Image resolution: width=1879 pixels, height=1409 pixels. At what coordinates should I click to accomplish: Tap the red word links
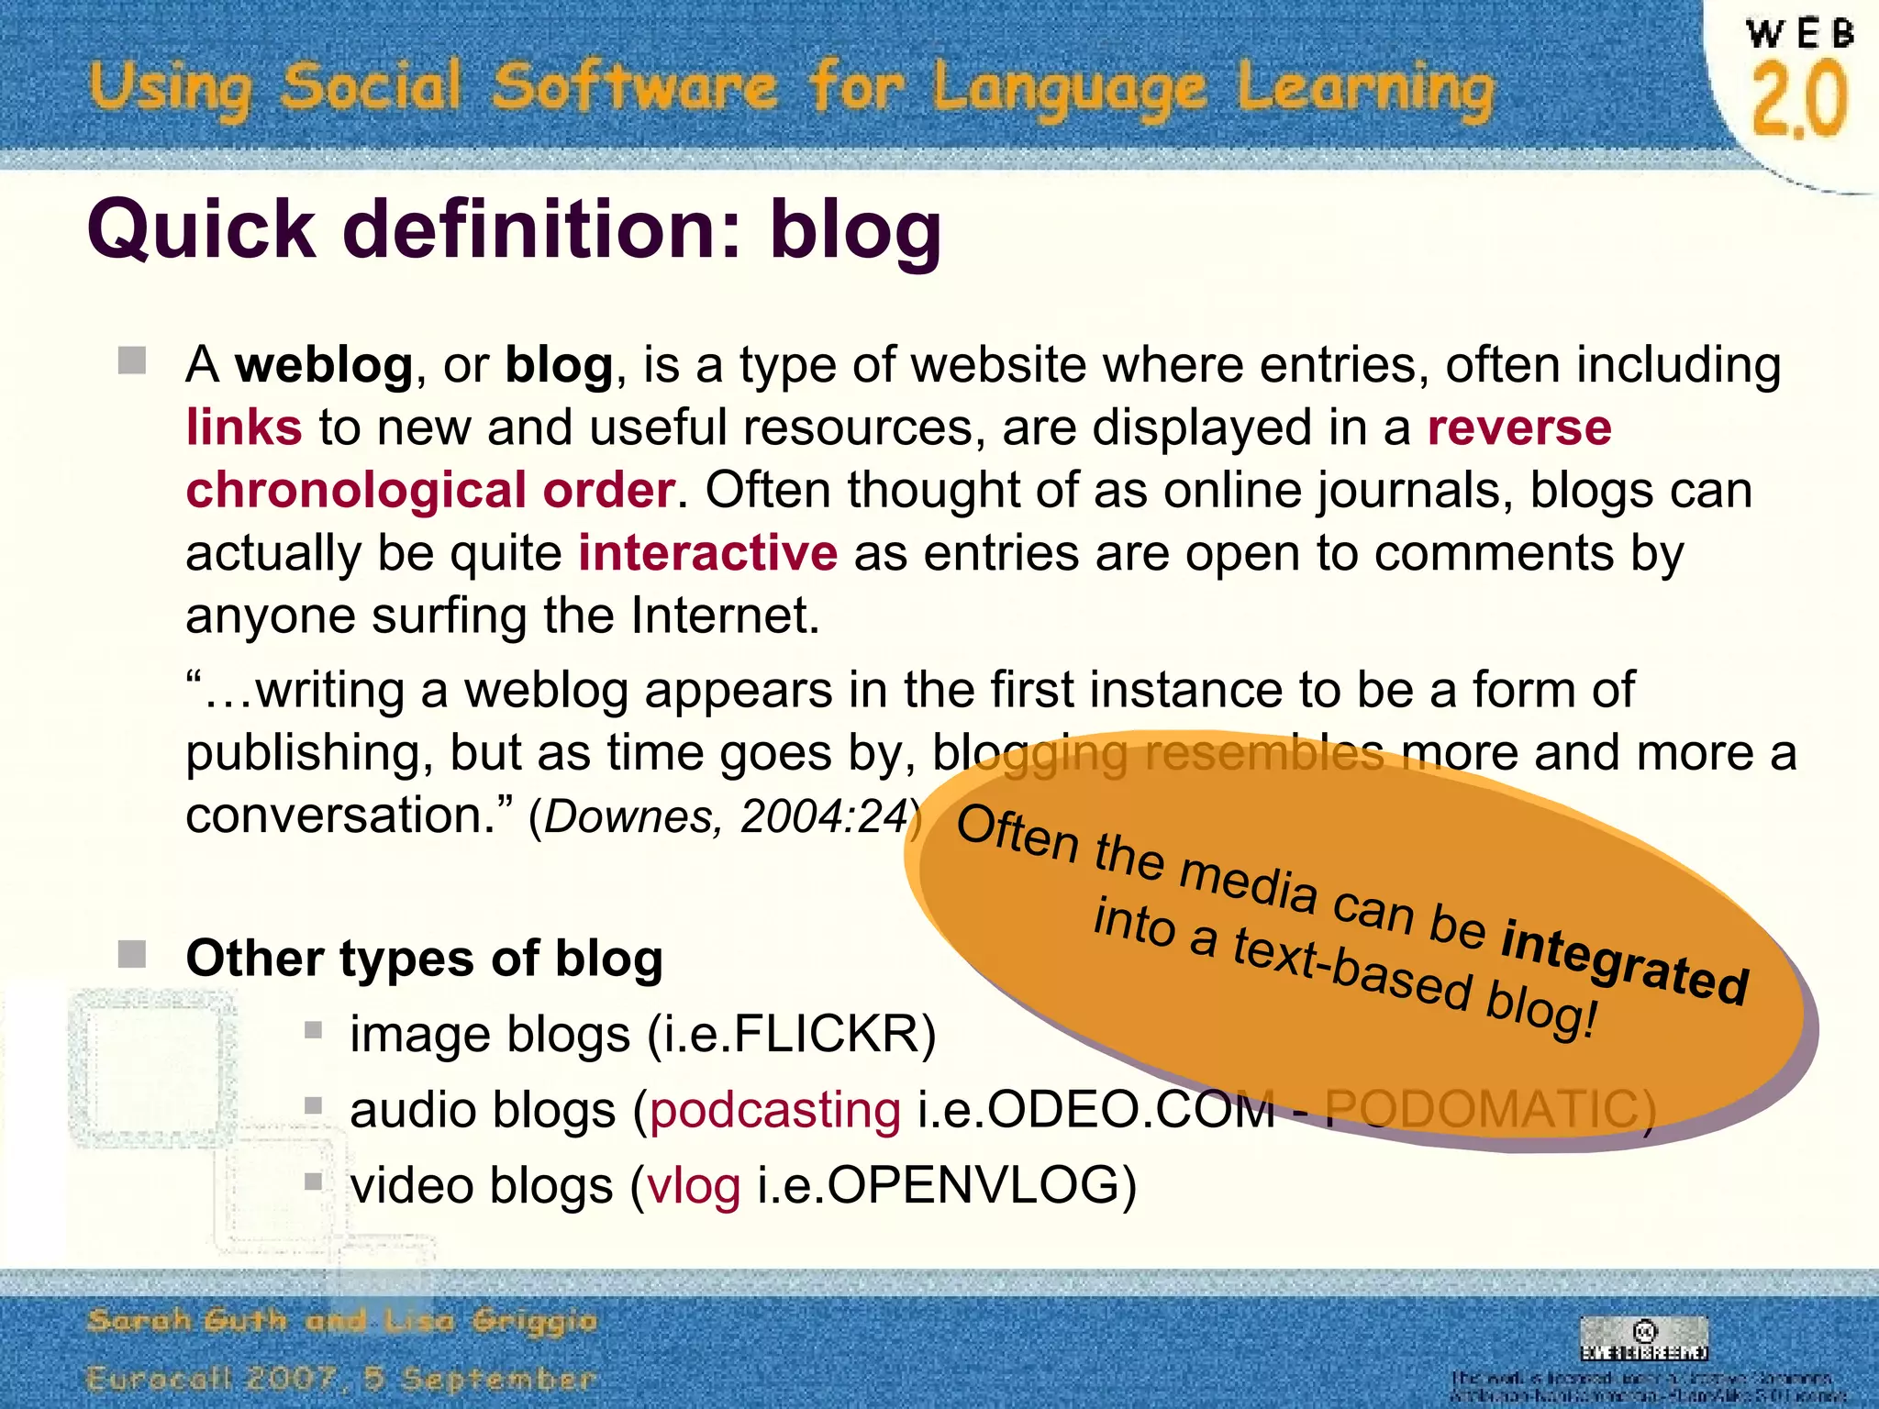tap(243, 427)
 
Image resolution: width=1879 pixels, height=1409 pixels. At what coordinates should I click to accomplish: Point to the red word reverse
tap(1519, 427)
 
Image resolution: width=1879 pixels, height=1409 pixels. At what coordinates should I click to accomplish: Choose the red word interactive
tap(707, 552)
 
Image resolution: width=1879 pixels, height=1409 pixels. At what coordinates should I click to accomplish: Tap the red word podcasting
tap(775, 1110)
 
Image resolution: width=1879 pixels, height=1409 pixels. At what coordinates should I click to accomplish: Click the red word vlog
tap(694, 1185)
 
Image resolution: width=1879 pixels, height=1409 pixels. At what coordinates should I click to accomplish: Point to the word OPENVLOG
tap(973, 1185)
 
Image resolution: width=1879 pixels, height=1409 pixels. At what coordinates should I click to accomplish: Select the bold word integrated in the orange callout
tap(1624, 965)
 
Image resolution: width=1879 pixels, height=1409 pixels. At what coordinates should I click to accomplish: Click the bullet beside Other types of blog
tap(132, 954)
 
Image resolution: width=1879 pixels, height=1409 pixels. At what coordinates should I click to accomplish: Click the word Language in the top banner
tap(1069, 90)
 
